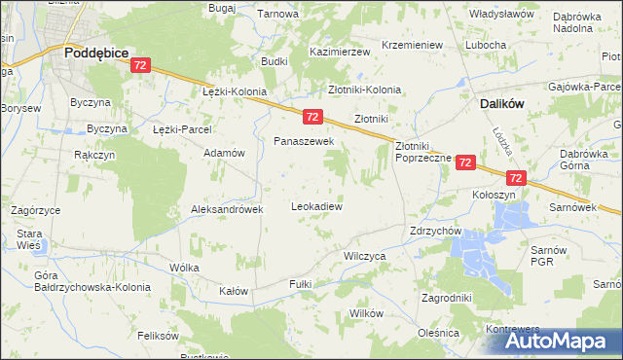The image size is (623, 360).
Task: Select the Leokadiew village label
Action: tap(316, 206)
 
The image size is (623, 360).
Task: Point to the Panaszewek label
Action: tap(304, 142)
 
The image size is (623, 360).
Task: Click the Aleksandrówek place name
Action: tap(227, 209)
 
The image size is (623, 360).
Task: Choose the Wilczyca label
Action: tap(365, 255)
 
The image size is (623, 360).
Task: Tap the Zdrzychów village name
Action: tap(435, 232)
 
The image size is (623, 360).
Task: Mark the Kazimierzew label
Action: tap(340, 51)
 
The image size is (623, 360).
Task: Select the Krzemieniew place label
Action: tap(413, 45)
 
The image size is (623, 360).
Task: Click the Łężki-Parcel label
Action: tap(182, 128)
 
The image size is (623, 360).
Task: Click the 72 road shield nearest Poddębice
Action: tap(140, 65)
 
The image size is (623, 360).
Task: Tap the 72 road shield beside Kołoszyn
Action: tap(515, 178)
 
